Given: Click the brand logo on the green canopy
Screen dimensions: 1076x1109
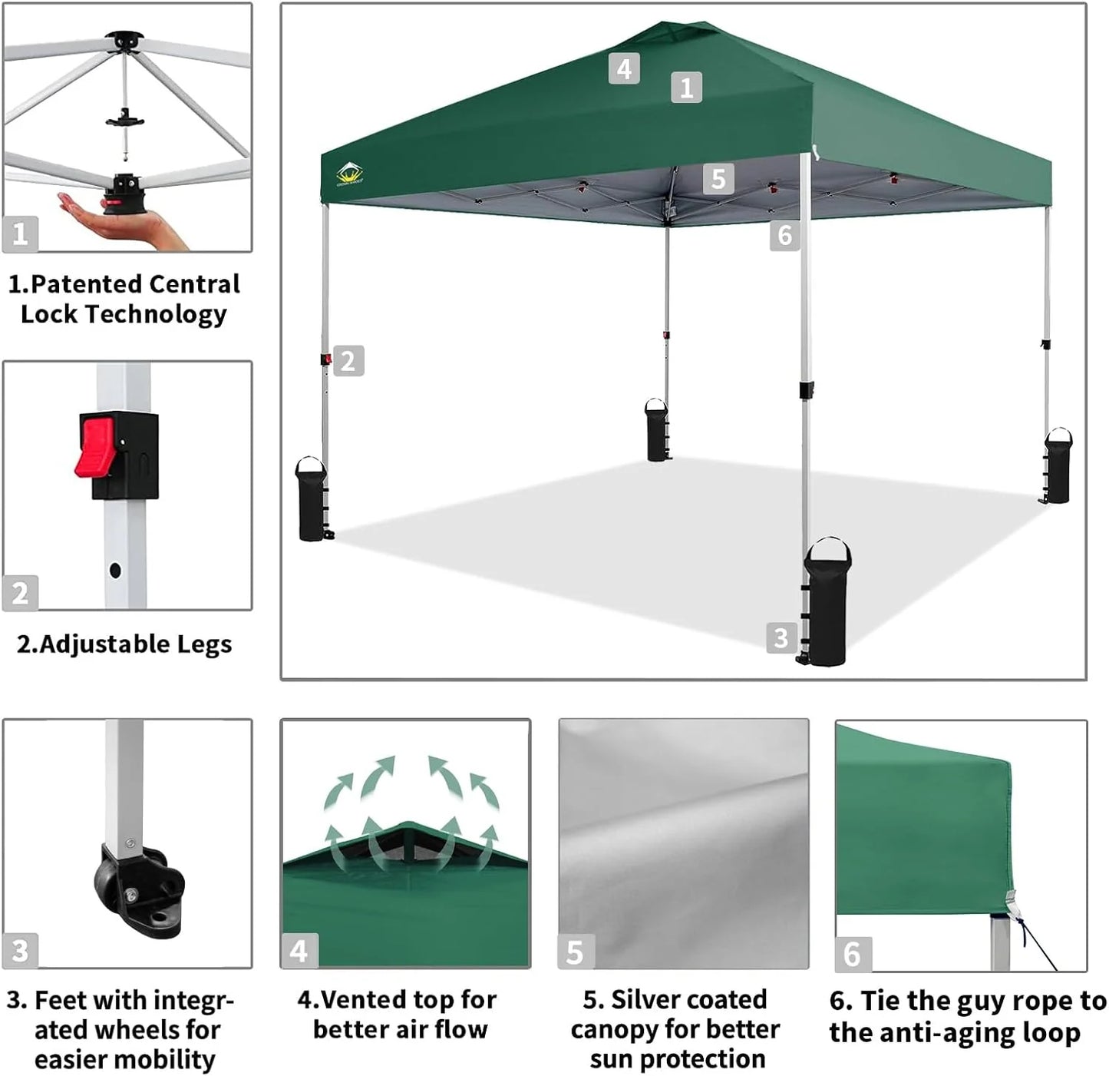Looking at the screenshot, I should coord(350,174).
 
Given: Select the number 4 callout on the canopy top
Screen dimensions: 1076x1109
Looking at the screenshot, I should coord(624,68).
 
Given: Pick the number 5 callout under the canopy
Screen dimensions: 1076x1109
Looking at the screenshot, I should coord(718,178).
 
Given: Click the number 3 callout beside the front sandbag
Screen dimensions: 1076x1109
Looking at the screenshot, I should coord(781,637).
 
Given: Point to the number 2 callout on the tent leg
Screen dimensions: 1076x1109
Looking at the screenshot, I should coord(348,360).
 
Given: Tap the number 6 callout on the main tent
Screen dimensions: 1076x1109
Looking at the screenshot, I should coord(784,235).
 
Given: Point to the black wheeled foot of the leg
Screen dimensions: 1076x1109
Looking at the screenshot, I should coord(138,891).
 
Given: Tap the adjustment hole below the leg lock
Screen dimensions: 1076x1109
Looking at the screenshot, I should coord(115,571).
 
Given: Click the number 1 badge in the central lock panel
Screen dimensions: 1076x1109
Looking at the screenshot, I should coord(20,233).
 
